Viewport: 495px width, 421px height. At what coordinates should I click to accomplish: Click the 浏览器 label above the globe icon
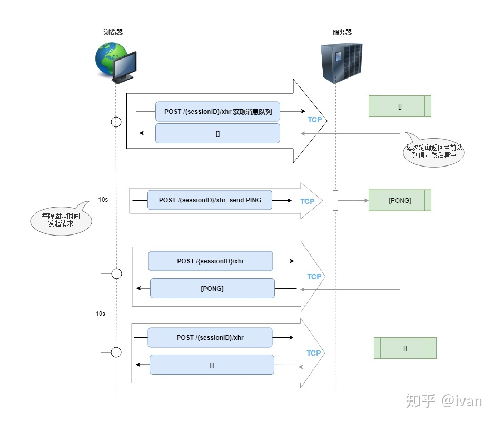click(113, 33)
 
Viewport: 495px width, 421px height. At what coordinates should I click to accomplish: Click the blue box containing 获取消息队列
click(217, 112)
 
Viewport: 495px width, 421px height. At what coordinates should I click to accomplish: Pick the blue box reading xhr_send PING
click(210, 200)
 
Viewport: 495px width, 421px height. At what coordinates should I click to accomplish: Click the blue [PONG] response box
click(212, 289)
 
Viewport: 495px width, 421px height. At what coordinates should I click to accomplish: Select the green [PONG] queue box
click(400, 201)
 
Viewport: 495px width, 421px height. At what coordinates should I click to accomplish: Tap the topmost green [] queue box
click(400, 106)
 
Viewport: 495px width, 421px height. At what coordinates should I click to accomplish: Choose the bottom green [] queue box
click(405, 348)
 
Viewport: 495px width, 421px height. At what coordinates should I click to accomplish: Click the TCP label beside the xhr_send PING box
click(308, 201)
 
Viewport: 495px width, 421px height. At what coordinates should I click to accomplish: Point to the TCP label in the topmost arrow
click(314, 120)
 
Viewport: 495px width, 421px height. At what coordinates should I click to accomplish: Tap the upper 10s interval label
click(103, 200)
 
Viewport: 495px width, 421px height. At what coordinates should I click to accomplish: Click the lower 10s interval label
click(101, 313)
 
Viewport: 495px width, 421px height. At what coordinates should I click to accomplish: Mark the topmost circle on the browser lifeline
click(116, 122)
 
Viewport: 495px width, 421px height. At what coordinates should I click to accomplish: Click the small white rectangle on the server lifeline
click(335, 201)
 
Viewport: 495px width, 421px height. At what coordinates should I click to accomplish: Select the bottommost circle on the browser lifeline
click(116, 351)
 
